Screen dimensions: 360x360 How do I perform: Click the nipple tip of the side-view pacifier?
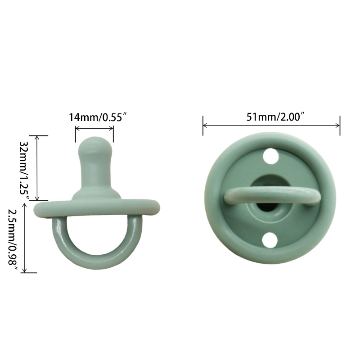(x=94, y=145)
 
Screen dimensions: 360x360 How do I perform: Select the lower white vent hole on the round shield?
(x=270, y=240)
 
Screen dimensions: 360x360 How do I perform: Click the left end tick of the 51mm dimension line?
(x=203, y=126)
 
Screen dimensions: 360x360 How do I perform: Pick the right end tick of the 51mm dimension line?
(x=340, y=126)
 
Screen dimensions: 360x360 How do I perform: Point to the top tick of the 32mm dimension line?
(x=38, y=135)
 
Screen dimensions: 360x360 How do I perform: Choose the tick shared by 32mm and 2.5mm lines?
(x=38, y=201)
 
